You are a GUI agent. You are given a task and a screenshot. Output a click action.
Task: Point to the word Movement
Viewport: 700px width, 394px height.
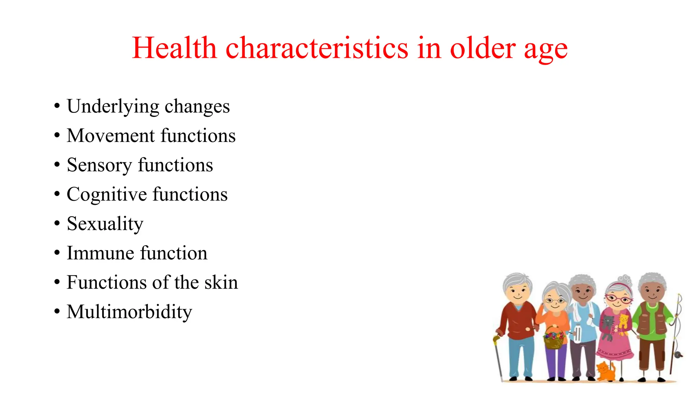111,136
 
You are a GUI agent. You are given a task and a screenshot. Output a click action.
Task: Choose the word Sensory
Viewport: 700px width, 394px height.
99,166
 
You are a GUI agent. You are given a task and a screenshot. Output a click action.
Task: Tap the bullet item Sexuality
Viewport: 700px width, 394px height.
105,224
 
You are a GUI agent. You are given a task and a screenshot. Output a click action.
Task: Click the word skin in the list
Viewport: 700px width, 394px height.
221,283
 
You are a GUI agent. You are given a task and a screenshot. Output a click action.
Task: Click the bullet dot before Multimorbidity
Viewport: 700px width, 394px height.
57,312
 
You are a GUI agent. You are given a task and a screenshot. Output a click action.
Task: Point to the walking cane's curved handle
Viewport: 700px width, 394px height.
496,339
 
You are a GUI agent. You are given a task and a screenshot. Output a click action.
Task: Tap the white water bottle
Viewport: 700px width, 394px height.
577,334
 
